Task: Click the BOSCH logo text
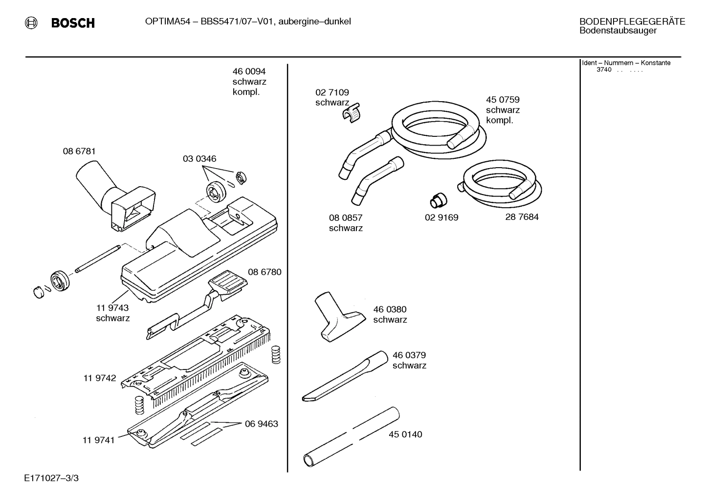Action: [x=72, y=23]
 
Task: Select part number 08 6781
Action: [x=79, y=152]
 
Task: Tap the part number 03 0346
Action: [x=199, y=159]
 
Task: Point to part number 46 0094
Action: [x=249, y=72]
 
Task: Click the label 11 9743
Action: [x=112, y=308]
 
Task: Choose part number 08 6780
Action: [x=264, y=272]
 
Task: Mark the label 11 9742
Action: [x=100, y=378]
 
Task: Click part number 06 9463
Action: [x=262, y=424]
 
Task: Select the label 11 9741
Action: [x=98, y=440]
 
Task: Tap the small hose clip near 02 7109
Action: [x=351, y=113]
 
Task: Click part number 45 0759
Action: [x=503, y=100]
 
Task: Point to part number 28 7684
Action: [x=522, y=217]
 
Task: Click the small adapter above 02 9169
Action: [x=437, y=200]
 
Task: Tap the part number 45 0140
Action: [x=405, y=434]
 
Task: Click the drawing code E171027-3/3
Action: [x=51, y=478]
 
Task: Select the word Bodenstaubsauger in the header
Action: [x=617, y=31]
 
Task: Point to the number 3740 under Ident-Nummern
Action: [x=604, y=70]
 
